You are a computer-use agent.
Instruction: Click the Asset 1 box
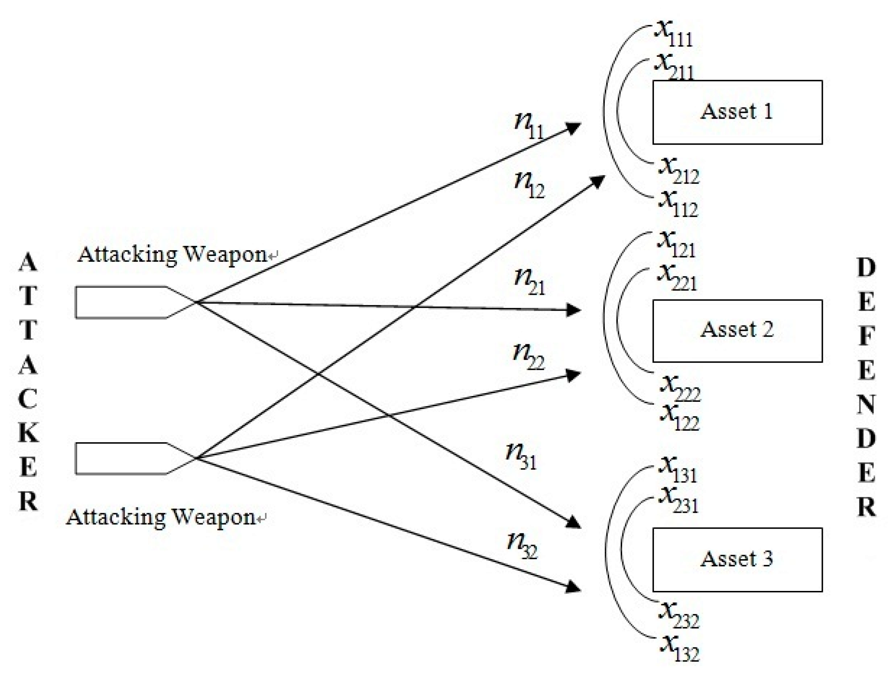pos(737,112)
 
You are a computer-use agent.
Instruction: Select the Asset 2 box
pos(737,331)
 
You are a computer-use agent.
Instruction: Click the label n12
pos(529,185)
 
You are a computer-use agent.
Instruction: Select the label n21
pos(529,282)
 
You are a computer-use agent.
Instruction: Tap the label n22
pos(528,357)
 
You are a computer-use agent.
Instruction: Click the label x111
pos(673,34)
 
